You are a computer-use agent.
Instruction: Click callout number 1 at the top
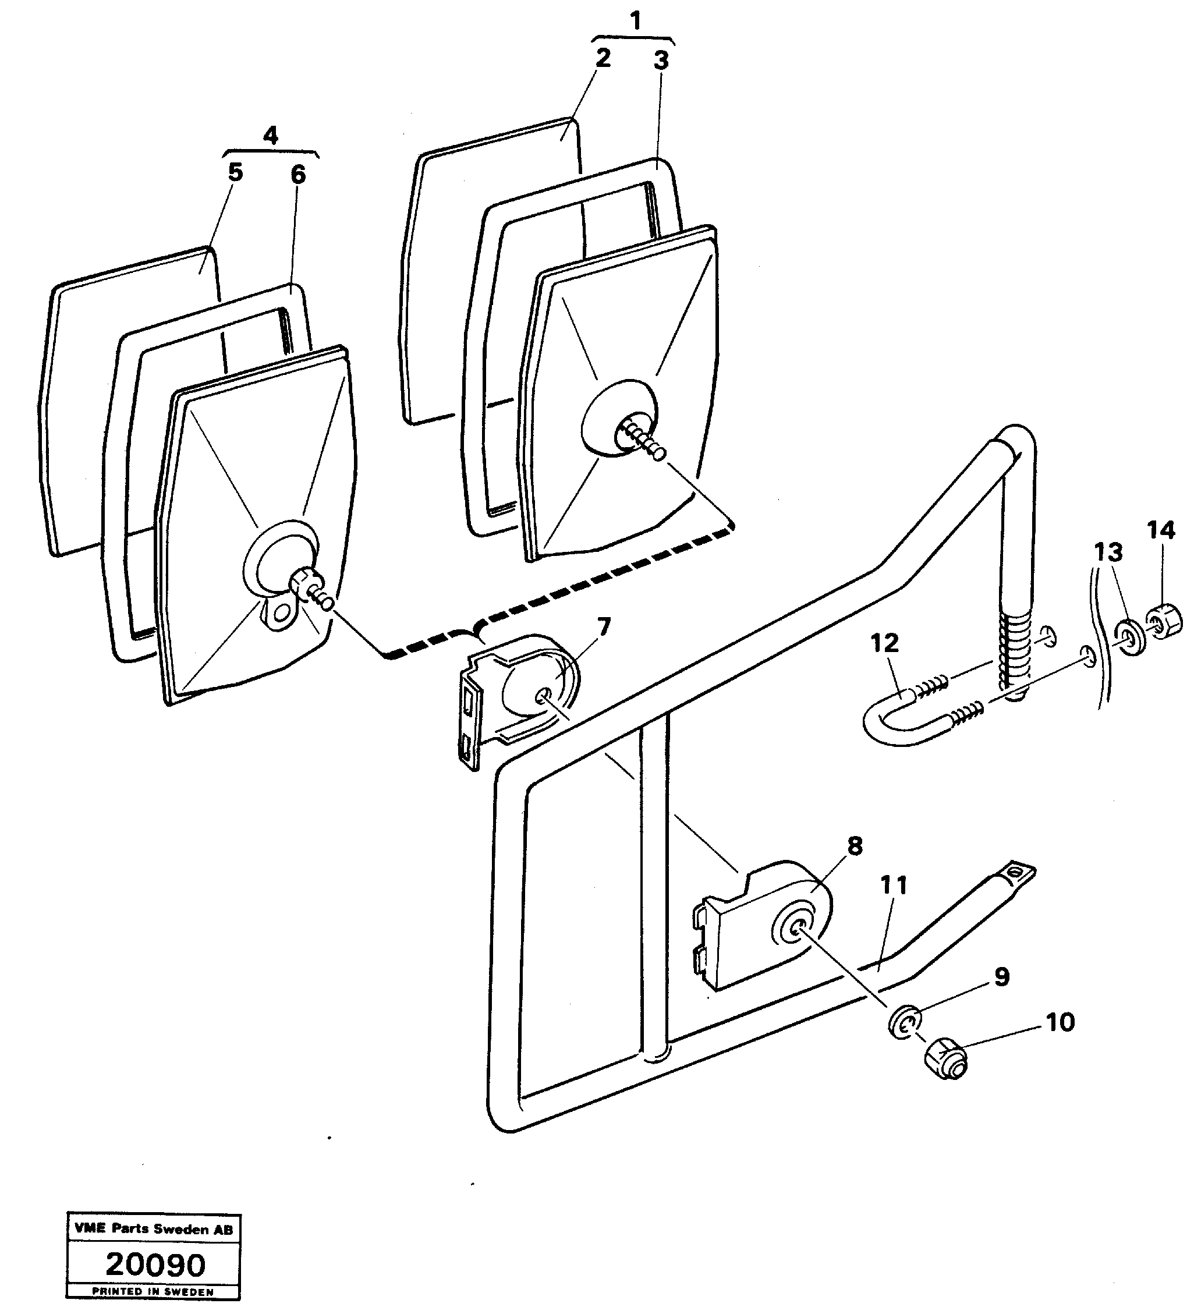pos(636,22)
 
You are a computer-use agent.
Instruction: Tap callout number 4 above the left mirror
pos(271,136)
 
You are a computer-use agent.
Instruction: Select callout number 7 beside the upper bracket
pos(604,627)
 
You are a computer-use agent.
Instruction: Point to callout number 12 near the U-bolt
pos(884,643)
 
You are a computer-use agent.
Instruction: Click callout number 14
pos(1161,531)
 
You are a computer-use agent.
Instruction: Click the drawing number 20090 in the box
pos(155,1265)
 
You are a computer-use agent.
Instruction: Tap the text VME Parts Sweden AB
pos(153,1229)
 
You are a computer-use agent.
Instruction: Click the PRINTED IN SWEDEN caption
pos(153,1291)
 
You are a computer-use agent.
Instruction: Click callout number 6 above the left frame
pos(297,175)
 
